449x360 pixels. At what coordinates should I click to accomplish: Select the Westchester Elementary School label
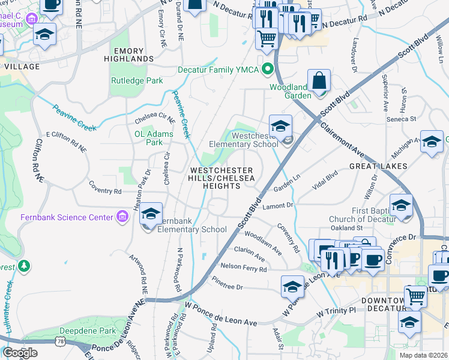[x=243, y=140]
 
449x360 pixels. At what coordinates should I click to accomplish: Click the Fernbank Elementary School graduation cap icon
[x=152, y=214]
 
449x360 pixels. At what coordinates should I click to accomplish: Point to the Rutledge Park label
[x=137, y=80]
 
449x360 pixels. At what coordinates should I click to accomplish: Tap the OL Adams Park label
[x=154, y=138]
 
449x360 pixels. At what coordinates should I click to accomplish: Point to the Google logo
[x=20, y=353]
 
